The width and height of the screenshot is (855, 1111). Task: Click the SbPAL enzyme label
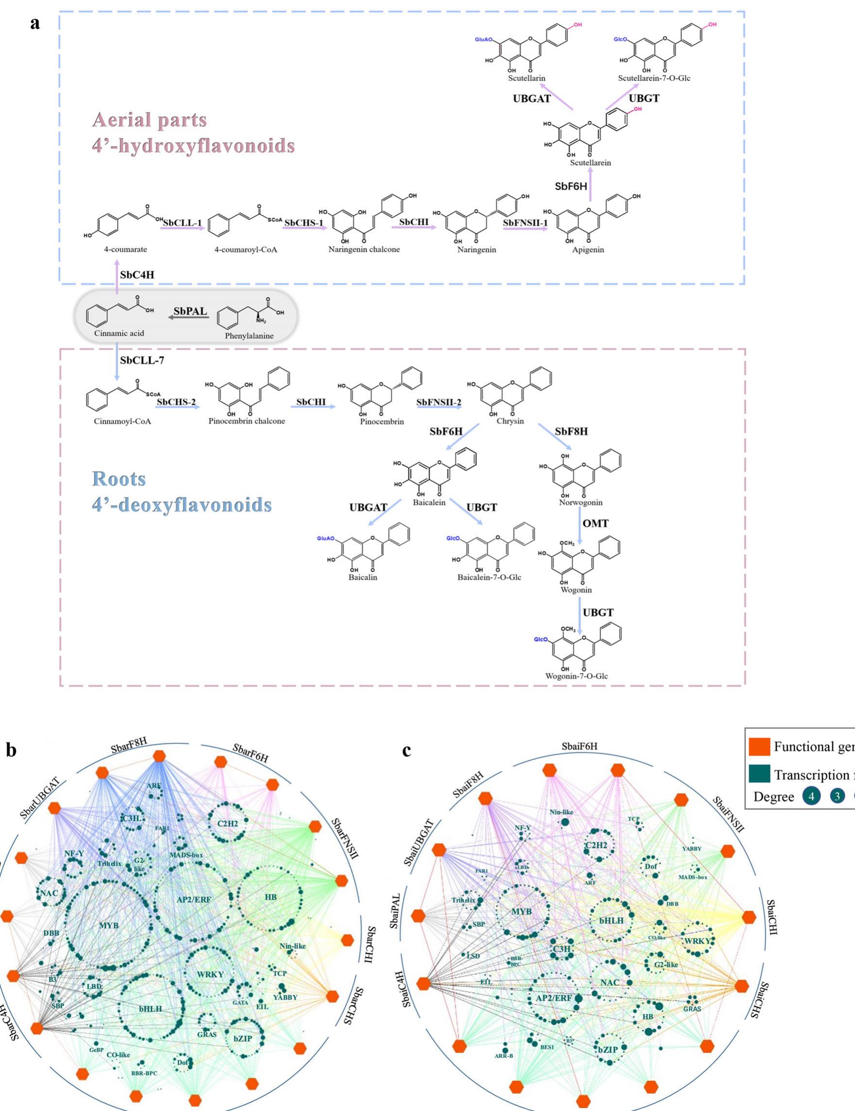[x=190, y=311]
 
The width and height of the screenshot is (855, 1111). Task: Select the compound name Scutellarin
[x=527, y=78]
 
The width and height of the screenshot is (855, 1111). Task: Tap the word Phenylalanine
[x=249, y=336]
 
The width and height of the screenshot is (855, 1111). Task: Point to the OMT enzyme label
[x=595, y=524]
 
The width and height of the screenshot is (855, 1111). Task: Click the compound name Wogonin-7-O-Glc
[x=576, y=676]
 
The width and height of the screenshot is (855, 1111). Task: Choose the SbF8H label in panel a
[x=571, y=431]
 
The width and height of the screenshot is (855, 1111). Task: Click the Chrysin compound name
[x=509, y=421]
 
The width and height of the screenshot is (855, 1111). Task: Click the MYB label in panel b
[x=109, y=925]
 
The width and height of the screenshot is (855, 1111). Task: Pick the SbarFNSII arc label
[x=345, y=838]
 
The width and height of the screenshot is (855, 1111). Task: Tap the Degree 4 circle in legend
[x=812, y=797]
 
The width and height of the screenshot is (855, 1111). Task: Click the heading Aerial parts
[x=149, y=120]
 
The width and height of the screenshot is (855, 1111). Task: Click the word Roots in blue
[x=119, y=479]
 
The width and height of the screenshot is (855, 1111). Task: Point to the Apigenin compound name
[x=588, y=250]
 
